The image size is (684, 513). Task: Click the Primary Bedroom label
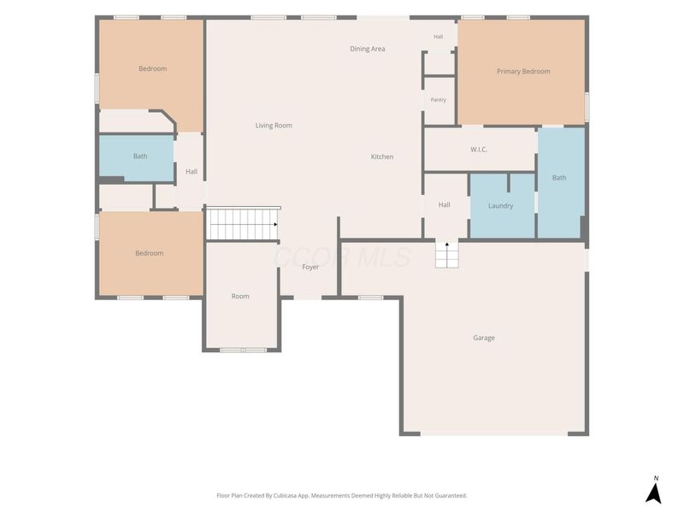523,71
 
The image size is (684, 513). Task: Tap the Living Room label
274,126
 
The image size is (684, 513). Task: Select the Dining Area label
368,49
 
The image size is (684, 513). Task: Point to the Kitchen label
382,156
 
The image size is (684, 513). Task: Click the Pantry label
439,100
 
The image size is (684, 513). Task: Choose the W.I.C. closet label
479,150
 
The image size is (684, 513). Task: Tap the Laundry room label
501,206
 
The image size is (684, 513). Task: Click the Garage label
484,338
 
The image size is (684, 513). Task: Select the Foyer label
310,267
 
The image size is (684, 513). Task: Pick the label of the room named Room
240,296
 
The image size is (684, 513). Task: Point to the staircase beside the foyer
243,224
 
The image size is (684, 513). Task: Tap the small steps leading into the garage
447,255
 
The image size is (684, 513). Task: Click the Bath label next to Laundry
559,178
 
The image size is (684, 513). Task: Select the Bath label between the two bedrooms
140,156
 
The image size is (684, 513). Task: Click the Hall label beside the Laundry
444,204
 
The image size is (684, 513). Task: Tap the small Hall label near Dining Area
439,37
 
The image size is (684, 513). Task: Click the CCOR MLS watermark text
343,257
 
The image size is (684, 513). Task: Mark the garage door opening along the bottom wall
494,433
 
